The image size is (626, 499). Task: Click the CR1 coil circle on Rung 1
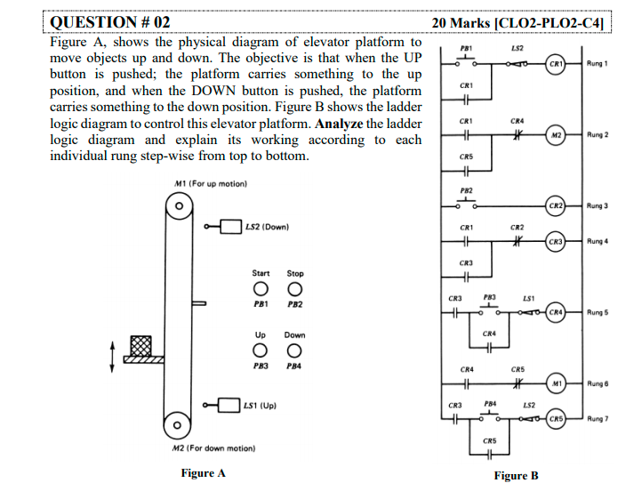[555, 64]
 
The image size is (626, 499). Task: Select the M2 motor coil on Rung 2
[555, 135]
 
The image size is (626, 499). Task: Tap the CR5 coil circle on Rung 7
[555, 419]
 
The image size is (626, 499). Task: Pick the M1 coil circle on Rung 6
[555, 383]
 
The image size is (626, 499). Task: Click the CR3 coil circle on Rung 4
[555, 242]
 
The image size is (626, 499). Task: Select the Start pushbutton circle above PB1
[260, 289]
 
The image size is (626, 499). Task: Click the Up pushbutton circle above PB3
[260, 350]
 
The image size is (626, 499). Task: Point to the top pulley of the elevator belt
[180, 207]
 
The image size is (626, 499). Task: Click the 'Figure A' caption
[203, 473]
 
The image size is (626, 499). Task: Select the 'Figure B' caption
[517, 476]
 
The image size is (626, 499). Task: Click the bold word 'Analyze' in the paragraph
[337, 123]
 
